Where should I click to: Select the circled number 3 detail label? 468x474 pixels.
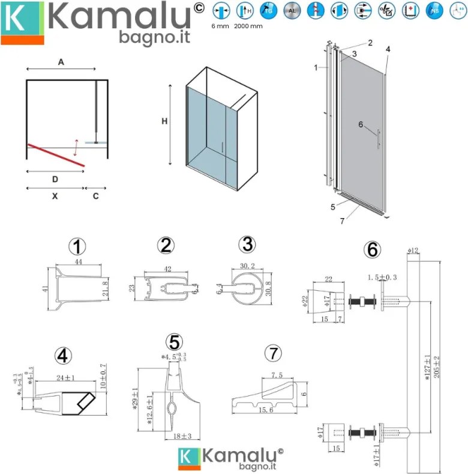coord(246,245)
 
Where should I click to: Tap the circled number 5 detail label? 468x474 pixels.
coord(174,342)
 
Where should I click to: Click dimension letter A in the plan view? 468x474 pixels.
coord(61,62)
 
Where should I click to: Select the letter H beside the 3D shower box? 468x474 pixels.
coord(164,121)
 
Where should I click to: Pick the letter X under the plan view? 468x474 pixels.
coord(55,196)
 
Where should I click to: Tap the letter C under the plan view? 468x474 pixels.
coord(96,196)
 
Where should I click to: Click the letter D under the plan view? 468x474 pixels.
coord(55,179)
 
